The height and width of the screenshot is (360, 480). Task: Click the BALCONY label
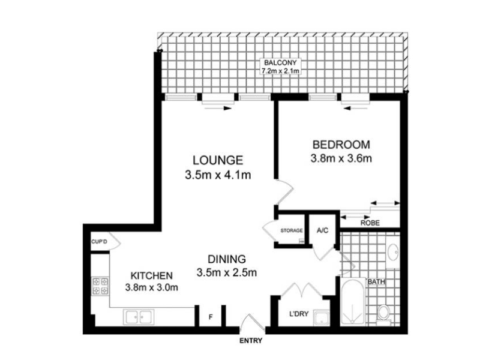pos(280,63)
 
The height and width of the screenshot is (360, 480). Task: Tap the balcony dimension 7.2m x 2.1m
pos(280,71)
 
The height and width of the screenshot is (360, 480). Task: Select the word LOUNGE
pos(218,160)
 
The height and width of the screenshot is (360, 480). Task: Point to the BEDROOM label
pos(341,145)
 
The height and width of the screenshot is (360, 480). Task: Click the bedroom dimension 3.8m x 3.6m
pos(341,158)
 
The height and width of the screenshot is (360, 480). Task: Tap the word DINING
pos(227,259)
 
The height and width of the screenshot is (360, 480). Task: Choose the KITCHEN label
pos(152,275)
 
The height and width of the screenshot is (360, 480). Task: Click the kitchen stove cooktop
pos(100,286)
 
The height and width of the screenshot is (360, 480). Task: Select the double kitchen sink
pos(139,317)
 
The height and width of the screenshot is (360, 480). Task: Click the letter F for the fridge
pos(211,317)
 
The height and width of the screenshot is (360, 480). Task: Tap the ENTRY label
pos(251,341)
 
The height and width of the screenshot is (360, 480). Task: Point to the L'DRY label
pos(299,314)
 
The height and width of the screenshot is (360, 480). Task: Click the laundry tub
pos(321,318)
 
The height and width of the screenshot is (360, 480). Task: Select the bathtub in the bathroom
pos(352,302)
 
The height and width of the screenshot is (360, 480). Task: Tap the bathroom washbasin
pos(393,253)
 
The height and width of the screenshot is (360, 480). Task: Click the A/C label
pos(323,230)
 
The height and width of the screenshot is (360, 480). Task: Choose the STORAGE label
pos(292,230)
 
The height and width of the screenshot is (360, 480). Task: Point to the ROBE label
pos(370,223)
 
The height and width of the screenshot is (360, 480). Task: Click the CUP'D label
pos(99,242)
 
